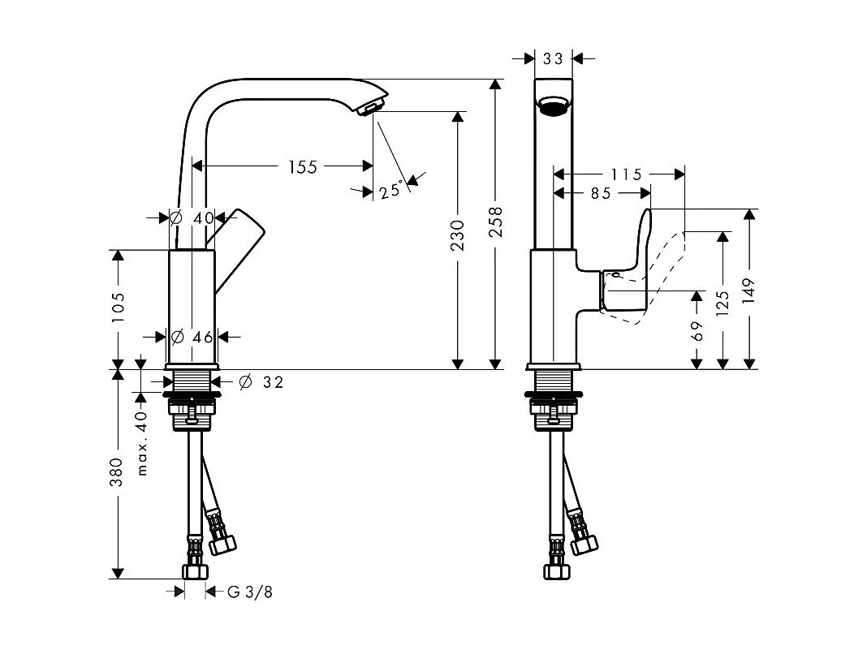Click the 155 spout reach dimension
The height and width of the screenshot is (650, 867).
coord(303,167)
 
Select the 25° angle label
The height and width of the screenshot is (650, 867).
coord(390,191)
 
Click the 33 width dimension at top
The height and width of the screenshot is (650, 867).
coord(553,58)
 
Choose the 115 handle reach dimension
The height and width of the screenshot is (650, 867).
coord(626,174)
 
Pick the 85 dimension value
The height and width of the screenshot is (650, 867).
coord(601,193)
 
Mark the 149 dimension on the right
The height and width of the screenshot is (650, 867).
coord(748,291)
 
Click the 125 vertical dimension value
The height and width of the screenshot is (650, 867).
coord(722,301)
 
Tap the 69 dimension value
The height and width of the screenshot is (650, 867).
coord(697,330)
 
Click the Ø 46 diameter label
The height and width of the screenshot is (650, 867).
coord(192,336)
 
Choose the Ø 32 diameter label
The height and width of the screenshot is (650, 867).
coord(261,382)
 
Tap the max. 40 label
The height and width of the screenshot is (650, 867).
coord(142,443)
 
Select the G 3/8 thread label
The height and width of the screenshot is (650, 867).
coord(249,592)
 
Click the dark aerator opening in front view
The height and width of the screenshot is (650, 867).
coord(554,106)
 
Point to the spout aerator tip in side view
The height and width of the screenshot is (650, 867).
coord(372,107)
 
